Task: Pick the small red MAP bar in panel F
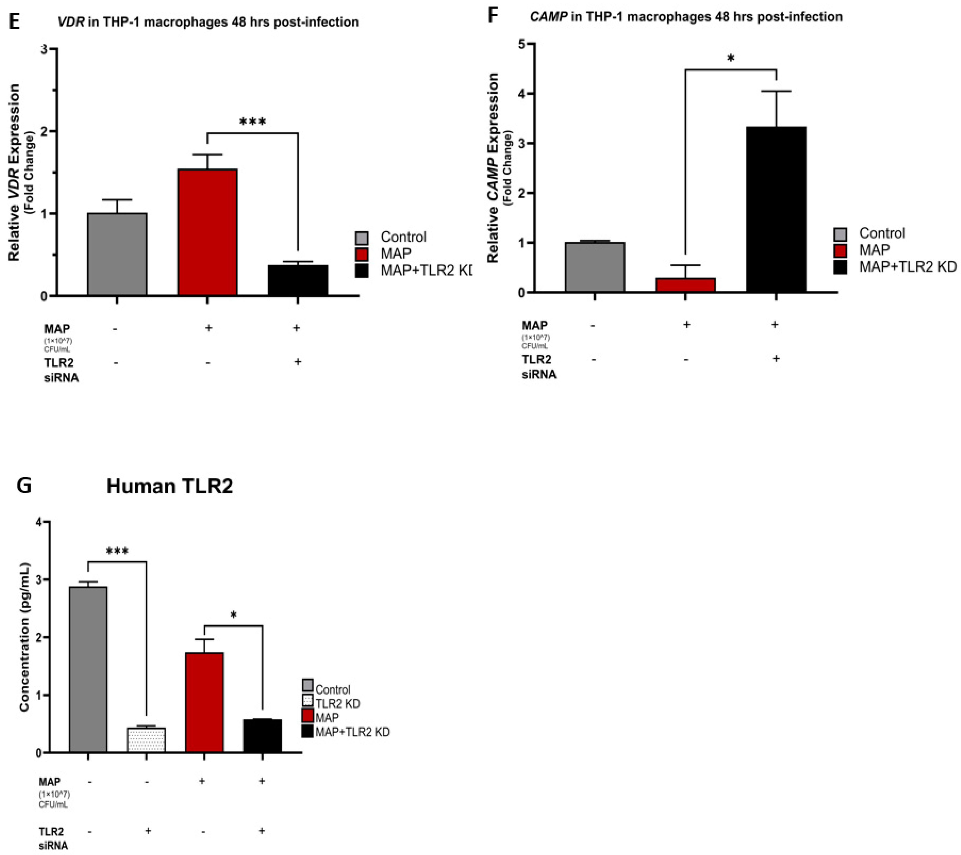point(686,285)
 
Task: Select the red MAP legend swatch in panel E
point(362,254)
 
